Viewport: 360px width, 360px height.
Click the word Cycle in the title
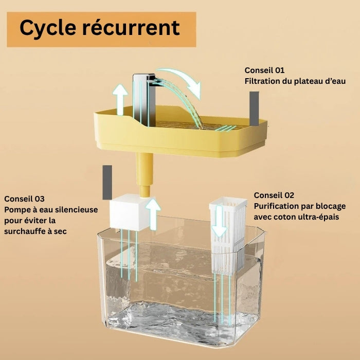[47, 28]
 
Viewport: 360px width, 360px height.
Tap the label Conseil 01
[264, 70]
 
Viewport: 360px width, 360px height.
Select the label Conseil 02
[274, 195]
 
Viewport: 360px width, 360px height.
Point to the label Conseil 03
[25, 199]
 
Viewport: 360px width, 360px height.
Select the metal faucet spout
[144, 82]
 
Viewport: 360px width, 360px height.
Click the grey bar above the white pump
[107, 182]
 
